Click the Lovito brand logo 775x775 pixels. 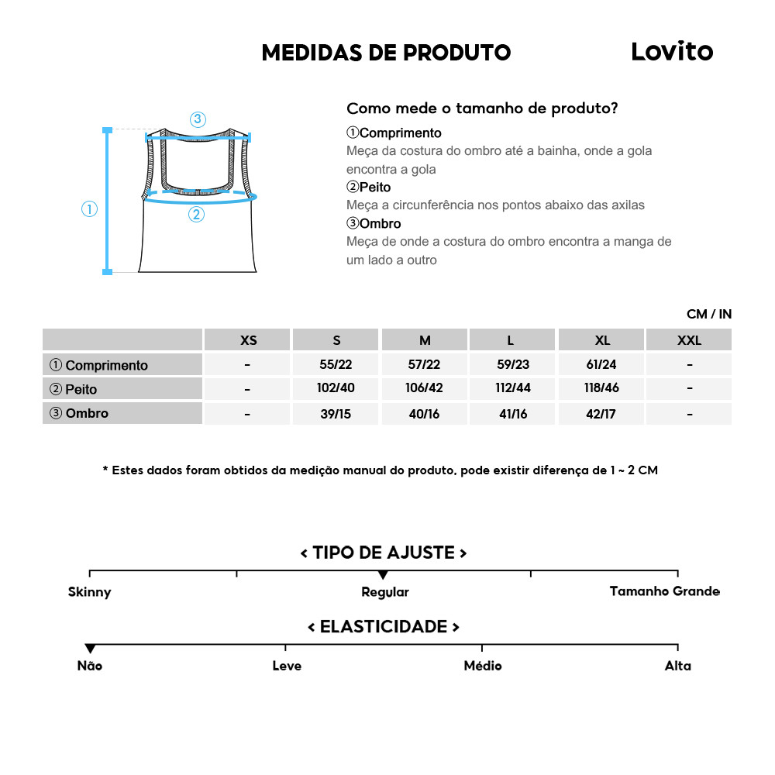coord(671,52)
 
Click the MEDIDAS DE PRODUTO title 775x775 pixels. coord(386,53)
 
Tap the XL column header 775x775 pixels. coord(602,340)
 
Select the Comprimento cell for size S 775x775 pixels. coord(336,364)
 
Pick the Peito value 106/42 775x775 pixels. coord(425,389)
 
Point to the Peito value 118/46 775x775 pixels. coord(602,389)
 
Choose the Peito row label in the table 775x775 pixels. coord(74,389)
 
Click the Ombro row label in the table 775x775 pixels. coord(79,413)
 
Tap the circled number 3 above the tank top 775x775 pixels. coord(198,119)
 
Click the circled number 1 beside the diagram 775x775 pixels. coord(90,208)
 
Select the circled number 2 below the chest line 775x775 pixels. coord(196,215)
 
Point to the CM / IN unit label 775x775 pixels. coord(708,314)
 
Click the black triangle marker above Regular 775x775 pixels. coord(383,575)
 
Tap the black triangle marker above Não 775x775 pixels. coord(90,649)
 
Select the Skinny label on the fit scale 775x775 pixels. coord(90,592)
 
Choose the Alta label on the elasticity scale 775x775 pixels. coord(677,666)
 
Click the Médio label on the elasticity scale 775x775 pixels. coord(482,666)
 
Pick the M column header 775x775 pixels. coord(425,340)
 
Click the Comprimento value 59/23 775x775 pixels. coord(512,364)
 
